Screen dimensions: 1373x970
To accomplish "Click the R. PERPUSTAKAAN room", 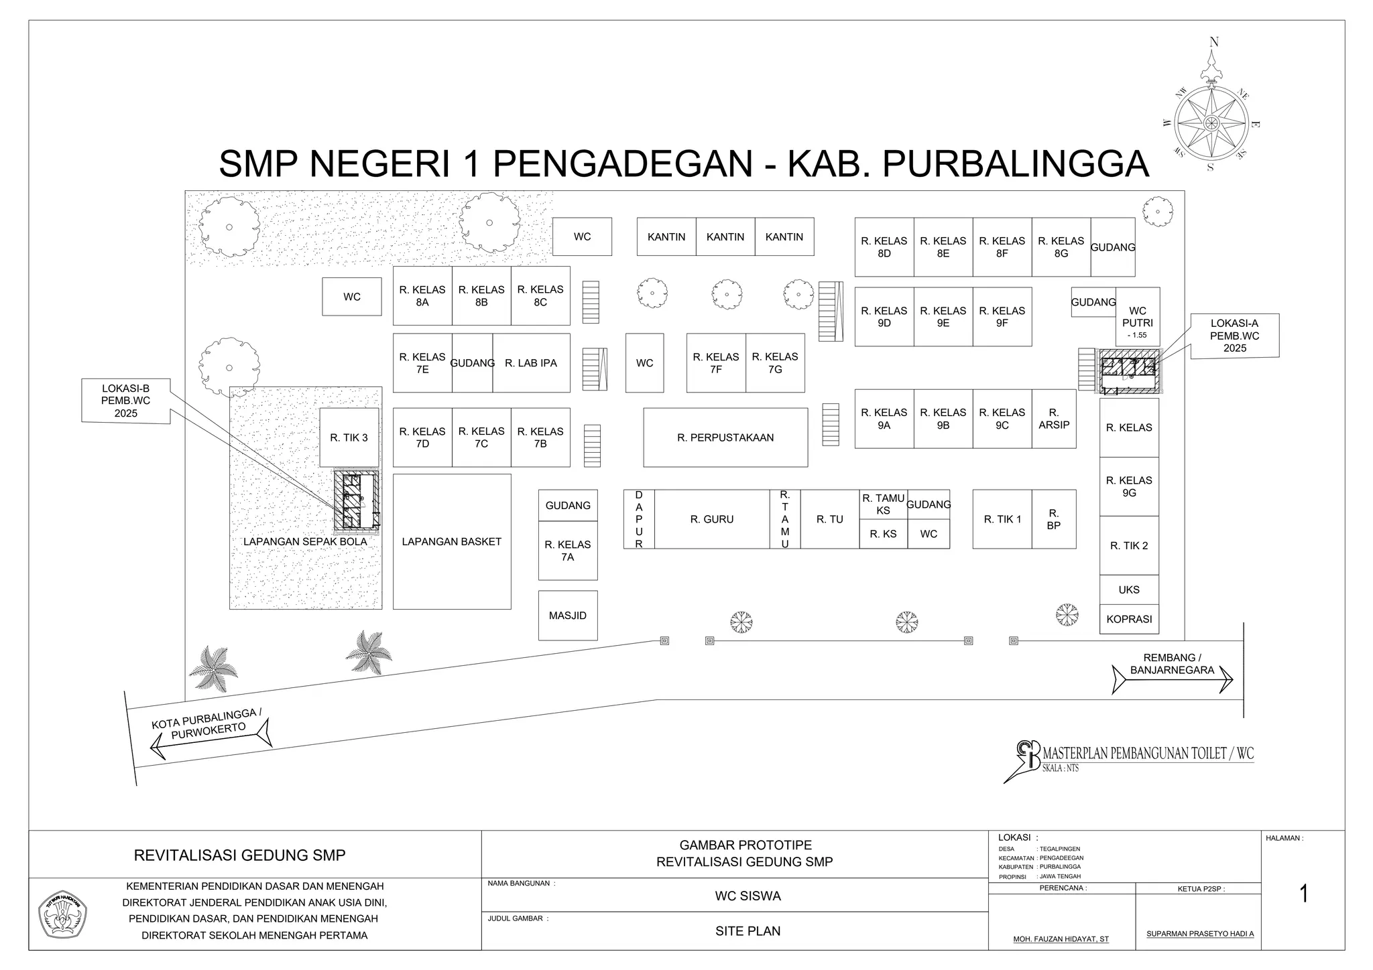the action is (x=725, y=437).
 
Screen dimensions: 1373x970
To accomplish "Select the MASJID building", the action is (x=568, y=616).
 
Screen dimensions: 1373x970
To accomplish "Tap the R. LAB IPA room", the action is (x=531, y=363).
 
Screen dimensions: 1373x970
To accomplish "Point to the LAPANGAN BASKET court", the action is (x=452, y=542).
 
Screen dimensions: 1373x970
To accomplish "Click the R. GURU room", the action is (x=712, y=519).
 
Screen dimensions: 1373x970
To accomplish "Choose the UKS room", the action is (x=1129, y=590).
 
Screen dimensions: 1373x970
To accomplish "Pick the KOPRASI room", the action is (x=1129, y=619).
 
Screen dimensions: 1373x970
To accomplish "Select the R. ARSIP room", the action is (x=1054, y=419).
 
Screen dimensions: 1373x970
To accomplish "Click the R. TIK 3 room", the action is (x=349, y=437).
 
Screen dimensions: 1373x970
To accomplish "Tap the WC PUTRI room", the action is (x=1138, y=317).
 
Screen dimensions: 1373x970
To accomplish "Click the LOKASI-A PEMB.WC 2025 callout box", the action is (x=1235, y=336).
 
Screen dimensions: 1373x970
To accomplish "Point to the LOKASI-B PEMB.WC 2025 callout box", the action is (x=126, y=401).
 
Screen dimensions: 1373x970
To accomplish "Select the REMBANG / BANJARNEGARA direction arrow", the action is (x=1172, y=679).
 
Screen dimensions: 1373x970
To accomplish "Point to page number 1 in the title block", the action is (x=1303, y=894).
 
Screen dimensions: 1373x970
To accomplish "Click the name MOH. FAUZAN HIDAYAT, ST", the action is (x=1061, y=939).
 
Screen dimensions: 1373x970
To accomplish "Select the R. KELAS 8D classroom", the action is (x=884, y=247).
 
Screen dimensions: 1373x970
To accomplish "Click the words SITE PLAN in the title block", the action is (x=748, y=930).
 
